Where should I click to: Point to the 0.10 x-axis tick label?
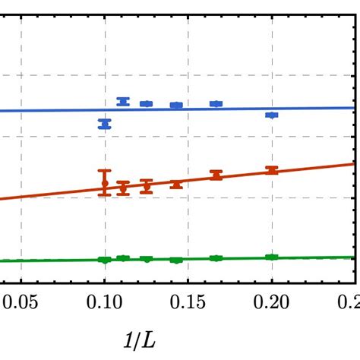(105, 303)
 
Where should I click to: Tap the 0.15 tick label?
(188, 303)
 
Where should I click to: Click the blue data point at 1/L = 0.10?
(105, 124)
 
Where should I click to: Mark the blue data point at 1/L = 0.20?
(271, 115)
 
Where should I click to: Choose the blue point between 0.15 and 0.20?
(216, 103)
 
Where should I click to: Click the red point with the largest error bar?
(105, 183)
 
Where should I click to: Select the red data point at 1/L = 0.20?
(271, 170)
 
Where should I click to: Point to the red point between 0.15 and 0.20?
(216, 175)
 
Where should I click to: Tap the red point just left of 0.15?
(176, 184)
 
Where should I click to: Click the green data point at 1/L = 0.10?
(105, 260)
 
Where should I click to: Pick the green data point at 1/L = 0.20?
(271, 257)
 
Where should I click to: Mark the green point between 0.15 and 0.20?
(216, 258)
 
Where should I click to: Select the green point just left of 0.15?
(176, 260)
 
